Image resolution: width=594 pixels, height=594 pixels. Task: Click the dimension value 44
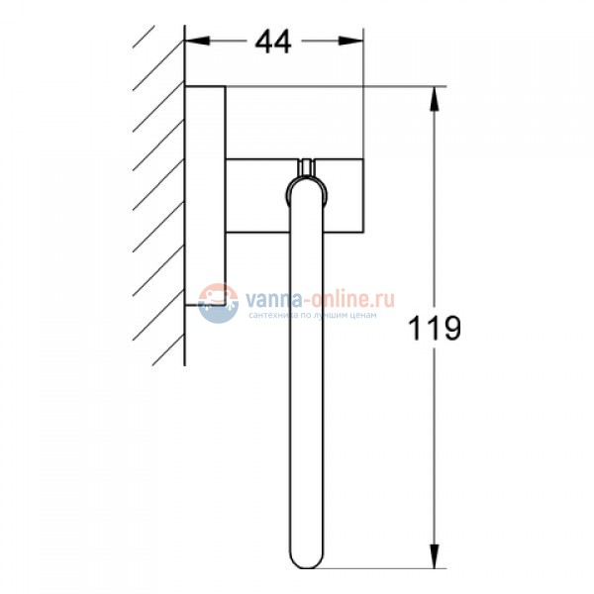272,42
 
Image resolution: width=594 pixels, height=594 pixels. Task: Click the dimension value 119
435,328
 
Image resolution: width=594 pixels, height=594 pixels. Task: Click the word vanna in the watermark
270,296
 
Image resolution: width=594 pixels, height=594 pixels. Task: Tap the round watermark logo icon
219,301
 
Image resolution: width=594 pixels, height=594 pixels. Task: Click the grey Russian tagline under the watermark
313,314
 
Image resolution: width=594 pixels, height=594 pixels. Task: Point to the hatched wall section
158,198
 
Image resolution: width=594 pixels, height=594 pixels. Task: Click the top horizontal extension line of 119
396,85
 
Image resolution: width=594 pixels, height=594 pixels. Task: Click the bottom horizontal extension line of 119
396,571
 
